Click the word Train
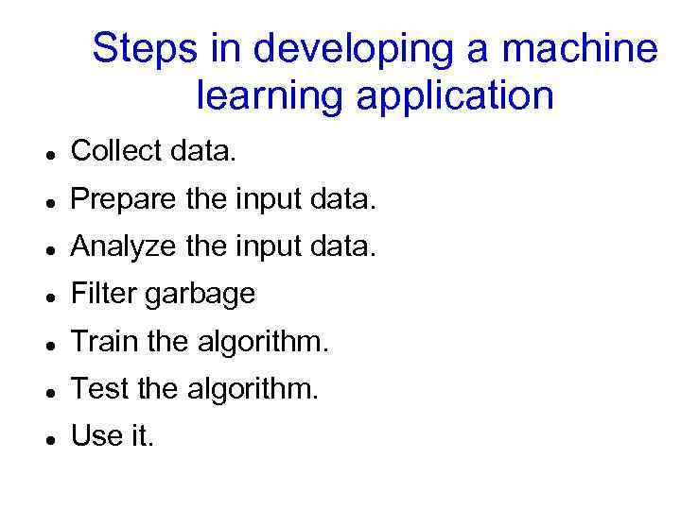[103, 341]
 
